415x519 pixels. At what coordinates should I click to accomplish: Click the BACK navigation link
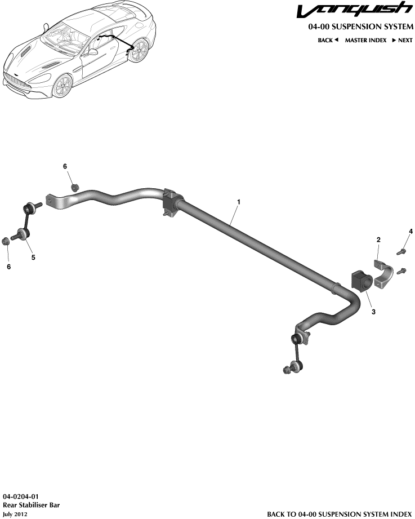328,41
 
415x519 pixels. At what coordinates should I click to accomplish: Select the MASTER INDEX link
365,41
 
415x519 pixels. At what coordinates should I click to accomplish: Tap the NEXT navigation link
403,41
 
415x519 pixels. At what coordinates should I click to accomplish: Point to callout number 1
239,202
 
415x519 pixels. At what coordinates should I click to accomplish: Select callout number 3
374,310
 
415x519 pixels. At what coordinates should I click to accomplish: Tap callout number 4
410,232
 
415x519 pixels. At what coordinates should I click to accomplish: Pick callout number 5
33,258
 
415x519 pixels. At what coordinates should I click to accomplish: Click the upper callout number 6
65,166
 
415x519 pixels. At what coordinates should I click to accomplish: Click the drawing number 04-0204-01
21,496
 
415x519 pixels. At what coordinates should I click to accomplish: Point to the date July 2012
15,514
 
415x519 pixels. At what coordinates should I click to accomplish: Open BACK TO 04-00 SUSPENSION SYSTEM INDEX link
339,514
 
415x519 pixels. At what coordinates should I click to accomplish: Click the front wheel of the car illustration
63,87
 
